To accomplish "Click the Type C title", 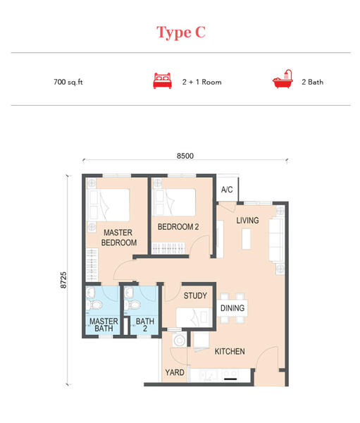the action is coord(181,32).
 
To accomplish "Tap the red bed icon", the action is coord(162,80).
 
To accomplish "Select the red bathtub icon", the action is coord(283,79).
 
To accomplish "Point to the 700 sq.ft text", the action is coord(68,82).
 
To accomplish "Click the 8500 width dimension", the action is coord(185,156).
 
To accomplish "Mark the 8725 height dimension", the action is coord(63,280).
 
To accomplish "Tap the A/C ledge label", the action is coord(227,190).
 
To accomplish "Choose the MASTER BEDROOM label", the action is coord(118,238).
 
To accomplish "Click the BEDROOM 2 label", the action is coord(178,227).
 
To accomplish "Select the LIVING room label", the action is coord(247,221).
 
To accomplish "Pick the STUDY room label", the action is coord(195,295).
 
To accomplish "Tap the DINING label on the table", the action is coord(232,308).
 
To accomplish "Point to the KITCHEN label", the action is coord(230,351).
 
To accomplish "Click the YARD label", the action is coord(175,372).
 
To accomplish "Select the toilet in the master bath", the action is coord(94,305).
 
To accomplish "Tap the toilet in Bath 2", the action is coord(132,305).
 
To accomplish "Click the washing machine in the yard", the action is coord(180,341).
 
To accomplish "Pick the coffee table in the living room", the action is coord(246,239).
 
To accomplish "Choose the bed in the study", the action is coord(194,317).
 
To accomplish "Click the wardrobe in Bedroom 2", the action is coord(168,248).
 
